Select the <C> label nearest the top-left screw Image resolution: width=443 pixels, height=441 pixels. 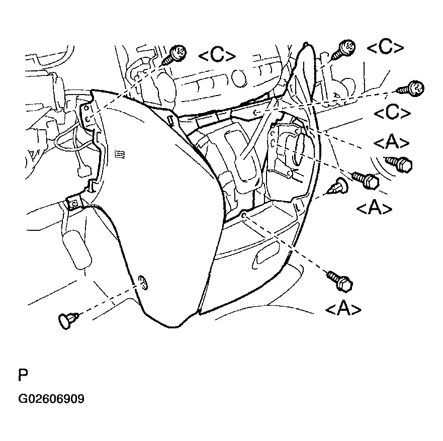pos(217,56)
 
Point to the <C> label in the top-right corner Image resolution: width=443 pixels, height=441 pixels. pos(385,48)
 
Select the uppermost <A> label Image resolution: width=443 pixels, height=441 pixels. pos(391,143)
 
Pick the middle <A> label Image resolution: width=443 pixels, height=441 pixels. pos(373,207)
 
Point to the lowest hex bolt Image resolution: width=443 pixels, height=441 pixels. pos(340,281)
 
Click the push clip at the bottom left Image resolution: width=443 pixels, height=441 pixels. pos(68,320)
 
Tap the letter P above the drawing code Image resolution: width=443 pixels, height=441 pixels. pos(23,376)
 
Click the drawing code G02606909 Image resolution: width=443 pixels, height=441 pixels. pos(51,399)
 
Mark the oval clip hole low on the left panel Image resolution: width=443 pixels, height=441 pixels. pos(143,283)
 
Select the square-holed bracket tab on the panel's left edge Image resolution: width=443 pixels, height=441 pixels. pos(73,203)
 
